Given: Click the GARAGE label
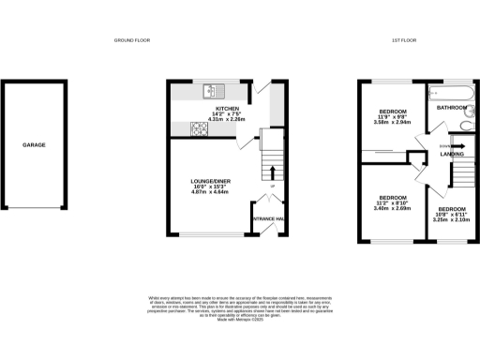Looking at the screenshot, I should coord(35,145).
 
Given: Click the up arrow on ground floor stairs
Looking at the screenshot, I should coord(273,172).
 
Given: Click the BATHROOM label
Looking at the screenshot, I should coord(452,108).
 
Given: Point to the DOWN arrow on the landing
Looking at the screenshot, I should coord(459,146).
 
